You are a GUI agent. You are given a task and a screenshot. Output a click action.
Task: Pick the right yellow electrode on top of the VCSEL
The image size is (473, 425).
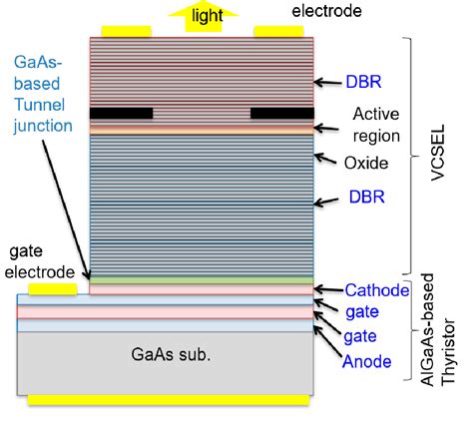click(x=278, y=31)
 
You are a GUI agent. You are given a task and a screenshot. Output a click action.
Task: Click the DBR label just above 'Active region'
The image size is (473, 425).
click(x=356, y=81)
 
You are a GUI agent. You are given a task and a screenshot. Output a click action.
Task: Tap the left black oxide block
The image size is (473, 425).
click(x=121, y=114)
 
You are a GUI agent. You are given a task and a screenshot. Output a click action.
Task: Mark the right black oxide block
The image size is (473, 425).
click(x=282, y=114)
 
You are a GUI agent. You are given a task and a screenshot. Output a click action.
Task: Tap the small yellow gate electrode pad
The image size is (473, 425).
click(x=52, y=290)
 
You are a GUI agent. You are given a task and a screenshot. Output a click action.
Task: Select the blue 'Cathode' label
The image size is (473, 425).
click(x=377, y=291)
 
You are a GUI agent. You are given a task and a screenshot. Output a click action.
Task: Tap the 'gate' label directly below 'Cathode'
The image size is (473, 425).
click(x=363, y=313)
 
